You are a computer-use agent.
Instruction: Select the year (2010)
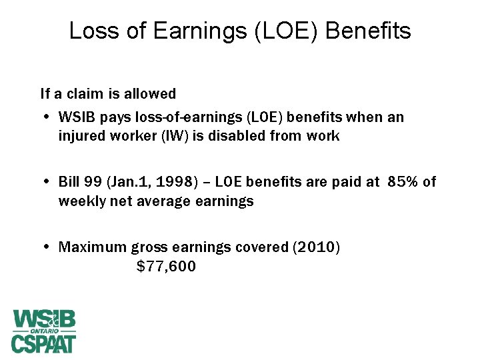[x=315, y=247]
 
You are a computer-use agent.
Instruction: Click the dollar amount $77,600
[x=166, y=267]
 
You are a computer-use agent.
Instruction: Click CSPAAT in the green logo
[x=43, y=343]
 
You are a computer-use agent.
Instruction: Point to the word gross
[x=149, y=248]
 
